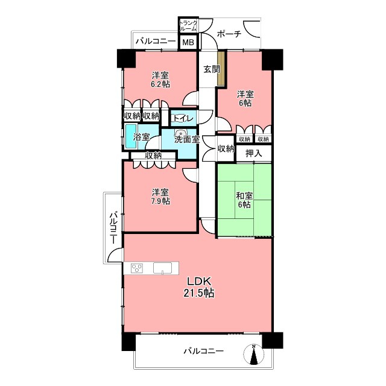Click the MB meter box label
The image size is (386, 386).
point(188,42)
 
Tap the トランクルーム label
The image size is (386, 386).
point(188,26)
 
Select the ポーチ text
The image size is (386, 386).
point(229,34)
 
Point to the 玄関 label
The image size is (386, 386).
point(212,69)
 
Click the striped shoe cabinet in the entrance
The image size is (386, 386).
point(221,68)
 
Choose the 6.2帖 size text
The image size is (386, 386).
point(160,84)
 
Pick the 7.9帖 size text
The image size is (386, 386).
point(160,201)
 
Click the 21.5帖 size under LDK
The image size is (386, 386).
point(198,293)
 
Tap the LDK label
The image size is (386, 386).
point(199,281)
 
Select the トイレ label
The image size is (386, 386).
point(184,119)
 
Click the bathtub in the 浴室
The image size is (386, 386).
point(131,136)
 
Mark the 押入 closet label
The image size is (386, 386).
point(254,154)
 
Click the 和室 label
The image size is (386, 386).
point(244,196)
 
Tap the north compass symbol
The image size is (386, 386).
point(253,354)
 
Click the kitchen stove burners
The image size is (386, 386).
point(137,268)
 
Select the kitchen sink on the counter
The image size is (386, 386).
point(163,268)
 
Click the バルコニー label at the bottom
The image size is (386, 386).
point(204,351)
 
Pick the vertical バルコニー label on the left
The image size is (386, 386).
point(113,227)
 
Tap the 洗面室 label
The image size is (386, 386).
point(187,139)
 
